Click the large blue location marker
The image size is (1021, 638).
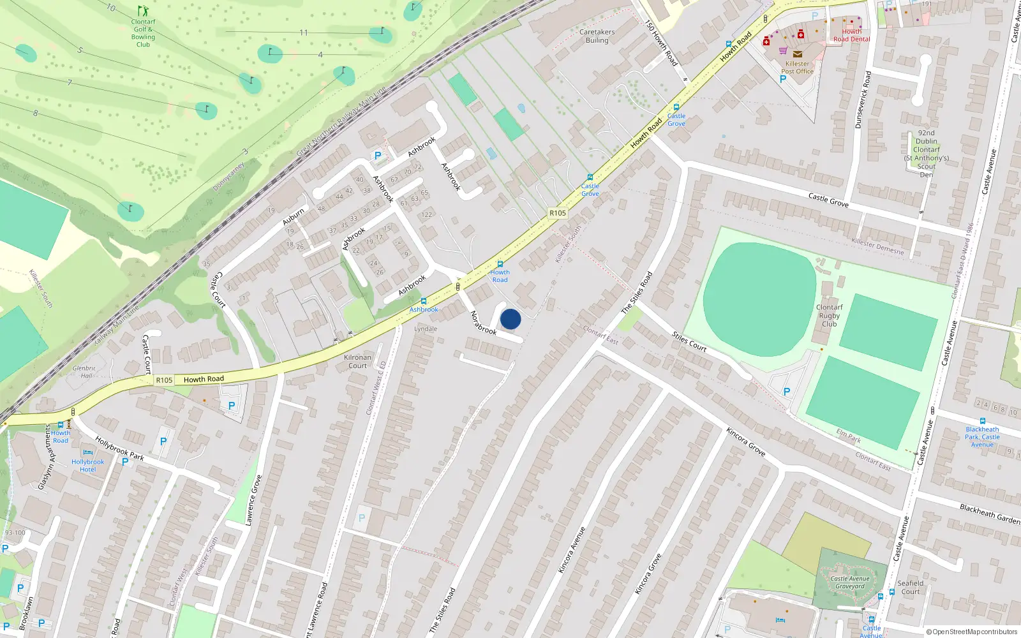pyautogui.click(x=511, y=319)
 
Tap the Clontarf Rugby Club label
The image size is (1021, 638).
pyautogui.click(x=829, y=315)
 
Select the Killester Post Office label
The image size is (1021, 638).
pyautogui.click(x=797, y=68)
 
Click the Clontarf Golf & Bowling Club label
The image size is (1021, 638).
pyautogui.click(x=143, y=33)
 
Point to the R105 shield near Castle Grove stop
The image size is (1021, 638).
pyautogui.click(x=558, y=213)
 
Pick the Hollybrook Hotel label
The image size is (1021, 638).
pyautogui.click(x=88, y=466)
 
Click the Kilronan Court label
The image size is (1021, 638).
pyautogui.click(x=357, y=361)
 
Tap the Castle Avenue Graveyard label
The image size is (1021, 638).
pyautogui.click(x=850, y=582)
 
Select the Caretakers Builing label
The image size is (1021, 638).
pyautogui.click(x=597, y=36)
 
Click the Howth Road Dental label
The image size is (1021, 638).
pyautogui.click(x=851, y=35)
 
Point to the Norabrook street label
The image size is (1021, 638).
pyautogui.click(x=483, y=323)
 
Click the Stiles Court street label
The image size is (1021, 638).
pyautogui.click(x=689, y=341)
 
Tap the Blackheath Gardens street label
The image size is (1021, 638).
pyautogui.click(x=990, y=514)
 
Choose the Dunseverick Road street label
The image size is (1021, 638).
pyautogui.click(x=863, y=100)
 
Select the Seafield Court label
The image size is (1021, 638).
pyautogui.click(x=911, y=587)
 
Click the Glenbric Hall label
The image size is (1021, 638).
pyautogui.click(x=83, y=372)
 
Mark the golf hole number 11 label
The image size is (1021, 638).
pyautogui.click(x=304, y=33)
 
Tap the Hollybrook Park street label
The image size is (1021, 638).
pyautogui.click(x=119, y=449)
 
